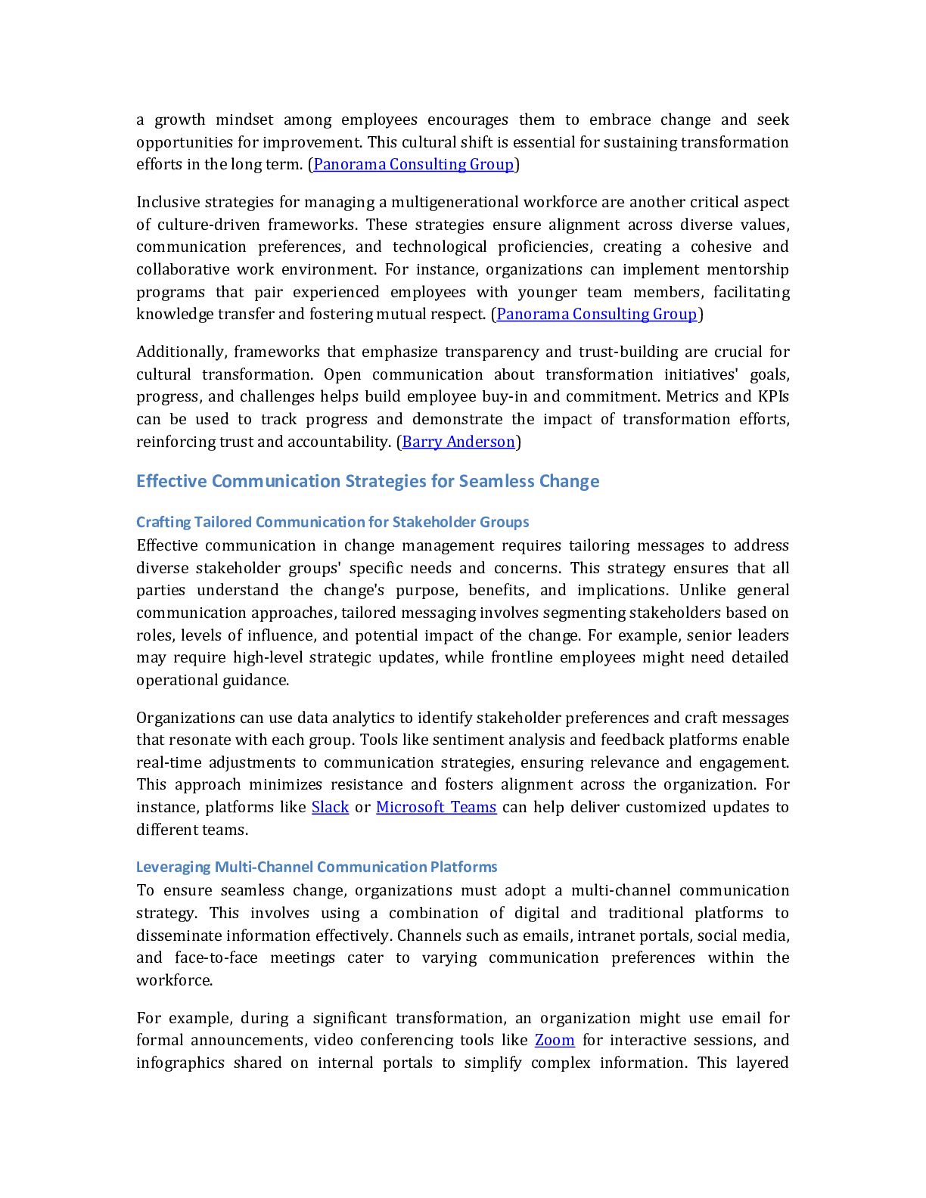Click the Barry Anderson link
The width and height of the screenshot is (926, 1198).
point(458,442)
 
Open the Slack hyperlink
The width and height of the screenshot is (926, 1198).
point(330,807)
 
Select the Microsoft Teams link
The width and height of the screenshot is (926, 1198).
point(436,807)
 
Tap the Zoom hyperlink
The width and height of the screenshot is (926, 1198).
point(555,1040)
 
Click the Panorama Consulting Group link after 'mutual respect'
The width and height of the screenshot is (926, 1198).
point(596,314)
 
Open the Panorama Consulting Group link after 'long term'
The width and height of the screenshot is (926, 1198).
point(413,164)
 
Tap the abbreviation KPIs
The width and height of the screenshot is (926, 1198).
point(773,396)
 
